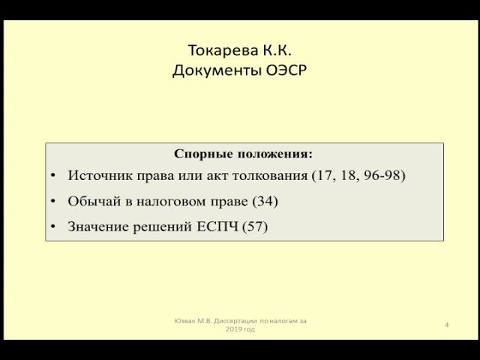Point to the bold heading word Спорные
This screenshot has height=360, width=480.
(x=202, y=153)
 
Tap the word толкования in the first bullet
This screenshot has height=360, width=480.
(x=271, y=175)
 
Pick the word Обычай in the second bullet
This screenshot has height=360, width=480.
(x=91, y=201)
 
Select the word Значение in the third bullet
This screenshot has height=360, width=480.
(x=96, y=226)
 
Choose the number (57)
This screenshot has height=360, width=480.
(x=254, y=226)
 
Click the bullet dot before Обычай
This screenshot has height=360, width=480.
(x=54, y=202)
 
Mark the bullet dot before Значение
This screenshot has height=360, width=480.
(x=54, y=226)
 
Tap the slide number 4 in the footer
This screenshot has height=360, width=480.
(x=446, y=325)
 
